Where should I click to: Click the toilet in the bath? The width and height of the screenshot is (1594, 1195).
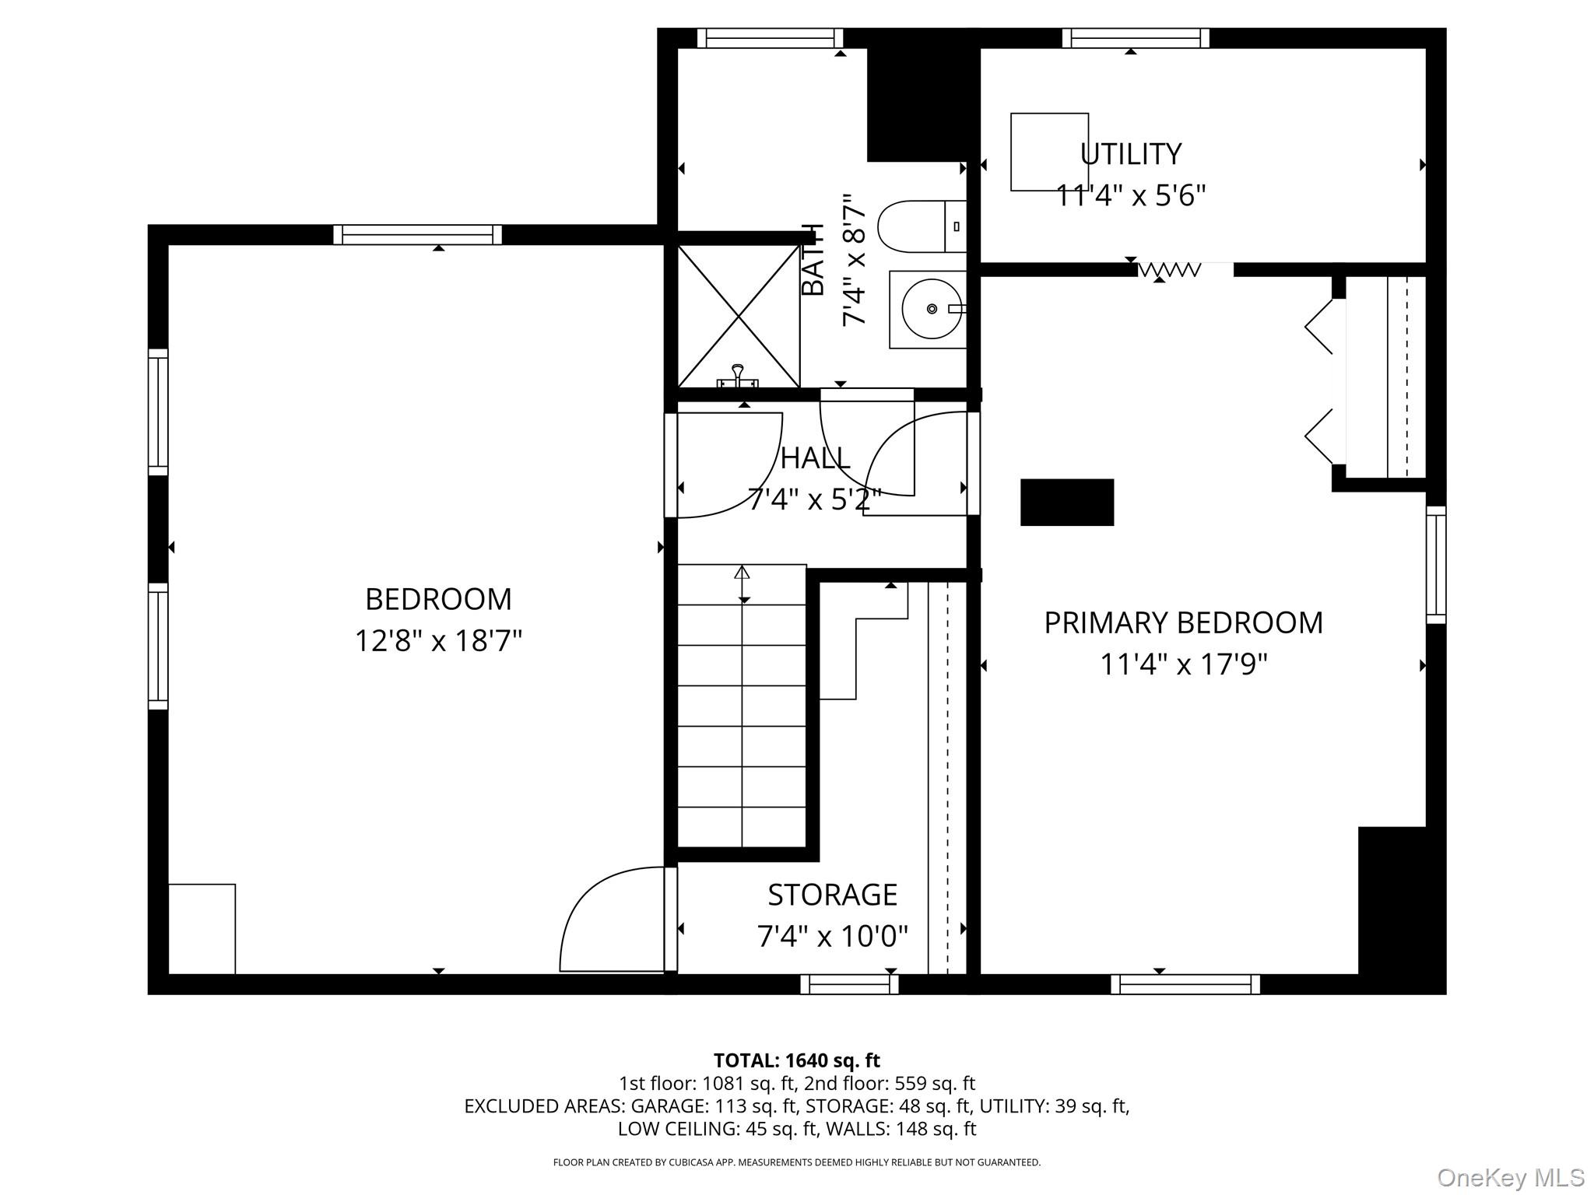[922, 226]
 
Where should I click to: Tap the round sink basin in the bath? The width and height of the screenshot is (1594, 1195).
[931, 309]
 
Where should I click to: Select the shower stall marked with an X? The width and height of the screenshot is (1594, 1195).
[739, 316]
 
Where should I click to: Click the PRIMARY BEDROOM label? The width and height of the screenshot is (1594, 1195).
[1183, 623]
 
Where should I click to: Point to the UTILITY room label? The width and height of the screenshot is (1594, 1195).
[1131, 154]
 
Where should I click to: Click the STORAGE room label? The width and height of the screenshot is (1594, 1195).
[833, 895]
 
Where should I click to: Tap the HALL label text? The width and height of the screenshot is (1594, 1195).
[815, 458]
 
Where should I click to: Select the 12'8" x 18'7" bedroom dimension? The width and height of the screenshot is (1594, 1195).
[438, 641]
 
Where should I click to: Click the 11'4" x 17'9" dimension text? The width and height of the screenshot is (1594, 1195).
[1183, 665]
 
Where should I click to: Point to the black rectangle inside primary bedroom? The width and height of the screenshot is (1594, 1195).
[1067, 503]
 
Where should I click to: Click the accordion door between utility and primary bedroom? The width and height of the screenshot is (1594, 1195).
[1170, 270]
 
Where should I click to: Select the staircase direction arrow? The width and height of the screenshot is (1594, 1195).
[743, 583]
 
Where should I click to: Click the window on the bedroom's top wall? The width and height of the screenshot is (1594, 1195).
[418, 235]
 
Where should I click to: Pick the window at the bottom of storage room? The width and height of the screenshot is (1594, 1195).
[850, 984]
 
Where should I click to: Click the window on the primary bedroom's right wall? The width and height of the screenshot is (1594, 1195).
[1436, 565]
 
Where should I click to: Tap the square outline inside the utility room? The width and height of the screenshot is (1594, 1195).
[1049, 152]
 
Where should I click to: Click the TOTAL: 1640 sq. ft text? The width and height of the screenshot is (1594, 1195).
[797, 1060]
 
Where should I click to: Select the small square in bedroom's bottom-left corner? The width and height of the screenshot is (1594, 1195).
[202, 929]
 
